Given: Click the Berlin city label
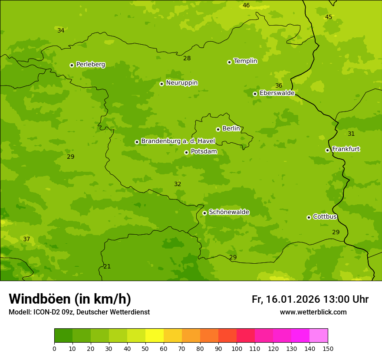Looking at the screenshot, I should click(231, 129).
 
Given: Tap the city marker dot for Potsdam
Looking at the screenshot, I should click(186, 152).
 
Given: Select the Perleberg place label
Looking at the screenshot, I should click(90, 65).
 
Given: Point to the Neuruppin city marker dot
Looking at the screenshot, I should click(161, 84).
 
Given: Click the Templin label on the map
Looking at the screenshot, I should click(245, 61).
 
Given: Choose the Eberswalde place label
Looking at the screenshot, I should click(277, 93).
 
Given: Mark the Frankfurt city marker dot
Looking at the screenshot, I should click(327, 150).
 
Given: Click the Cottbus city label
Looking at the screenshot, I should click(325, 217).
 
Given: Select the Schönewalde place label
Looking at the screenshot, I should click(229, 212).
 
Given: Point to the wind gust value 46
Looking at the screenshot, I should click(246, 6).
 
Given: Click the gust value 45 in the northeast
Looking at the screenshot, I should click(329, 17).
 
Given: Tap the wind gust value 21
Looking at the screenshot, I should click(107, 267).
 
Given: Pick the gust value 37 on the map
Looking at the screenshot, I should click(26, 239).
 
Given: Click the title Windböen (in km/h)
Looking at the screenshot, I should click(70, 299).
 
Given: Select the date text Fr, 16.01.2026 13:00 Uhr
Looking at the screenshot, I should click(310, 299).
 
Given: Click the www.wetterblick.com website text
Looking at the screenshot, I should click(313, 312).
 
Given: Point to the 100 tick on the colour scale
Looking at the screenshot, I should click(237, 349).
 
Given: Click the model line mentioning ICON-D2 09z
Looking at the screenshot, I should click(79, 312).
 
